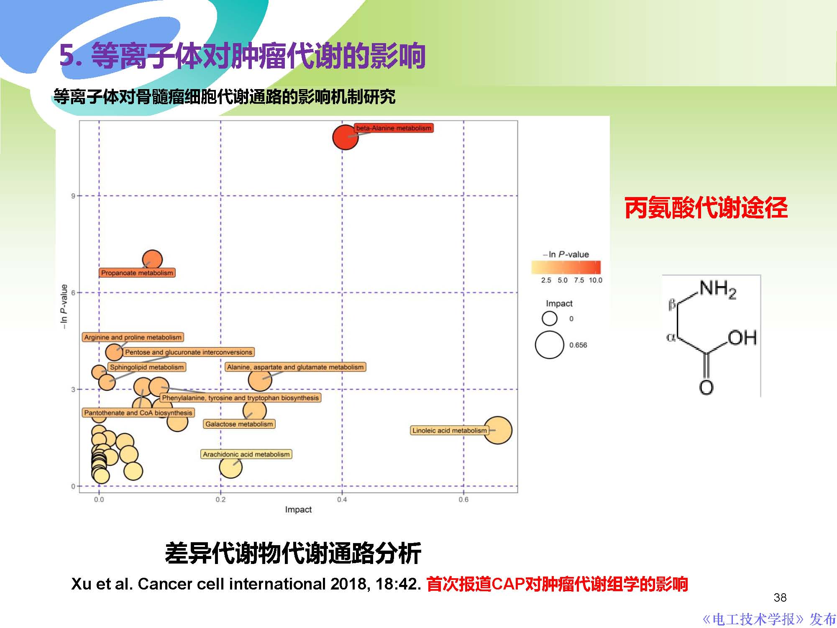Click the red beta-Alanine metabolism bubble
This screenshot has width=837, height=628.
(x=345, y=137)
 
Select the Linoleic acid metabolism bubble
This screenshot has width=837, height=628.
(x=498, y=430)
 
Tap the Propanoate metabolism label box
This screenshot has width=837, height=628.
(x=137, y=273)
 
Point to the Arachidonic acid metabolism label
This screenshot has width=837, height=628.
(x=246, y=454)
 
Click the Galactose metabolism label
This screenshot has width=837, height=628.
(x=239, y=424)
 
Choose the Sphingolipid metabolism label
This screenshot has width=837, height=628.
(x=146, y=367)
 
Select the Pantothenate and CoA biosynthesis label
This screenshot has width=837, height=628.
(x=138, y=413)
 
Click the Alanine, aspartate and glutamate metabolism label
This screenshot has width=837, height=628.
(x=295, y=367)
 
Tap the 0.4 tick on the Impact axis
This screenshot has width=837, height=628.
(x=342, y=500)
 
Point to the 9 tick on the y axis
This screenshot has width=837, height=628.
(x=73, y=196)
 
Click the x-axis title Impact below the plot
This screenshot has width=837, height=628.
(x=298, y=510)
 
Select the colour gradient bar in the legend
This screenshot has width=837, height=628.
(x=566, y=267)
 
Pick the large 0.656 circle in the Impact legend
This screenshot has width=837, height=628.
(x=549, y=345)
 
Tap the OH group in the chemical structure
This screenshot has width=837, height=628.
(x=742, y=338)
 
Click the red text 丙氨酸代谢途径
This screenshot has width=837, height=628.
(x=706, y=208)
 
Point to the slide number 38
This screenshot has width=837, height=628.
(x=780, y=597)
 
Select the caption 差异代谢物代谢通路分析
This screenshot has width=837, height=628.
(x=293, y=553)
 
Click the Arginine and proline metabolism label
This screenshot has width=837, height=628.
(x=133, y=337)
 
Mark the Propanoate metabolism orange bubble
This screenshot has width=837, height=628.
(x=152, y=260)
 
